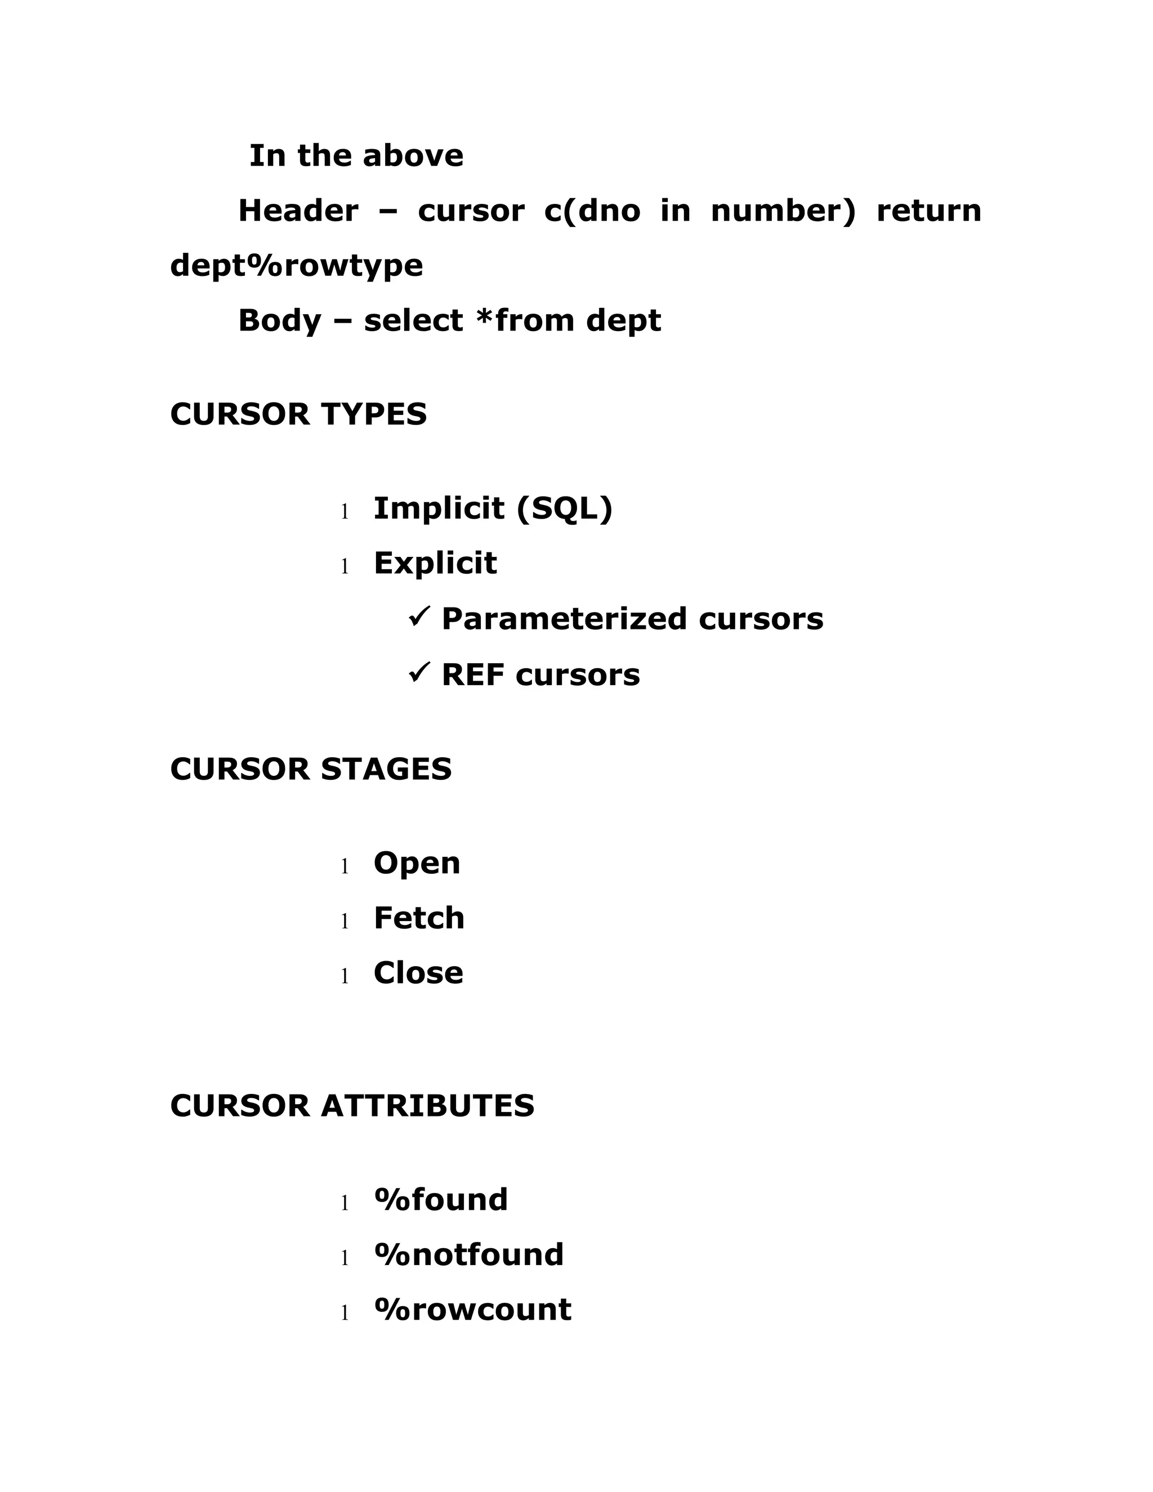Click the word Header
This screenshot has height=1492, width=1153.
[298, 211]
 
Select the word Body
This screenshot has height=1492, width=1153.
[279, 320]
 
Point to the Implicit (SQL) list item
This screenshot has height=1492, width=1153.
[493, 508]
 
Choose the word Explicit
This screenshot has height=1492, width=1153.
[435, 564]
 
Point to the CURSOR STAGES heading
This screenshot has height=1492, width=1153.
[311, 769]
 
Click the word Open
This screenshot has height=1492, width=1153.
[417, 864]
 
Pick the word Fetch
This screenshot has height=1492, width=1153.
[419, 918]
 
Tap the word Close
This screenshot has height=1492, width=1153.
[418, 973]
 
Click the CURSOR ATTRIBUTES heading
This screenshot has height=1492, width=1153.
[352, 1106]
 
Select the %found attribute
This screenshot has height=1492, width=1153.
[441, 1200]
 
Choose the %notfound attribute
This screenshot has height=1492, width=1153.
[468, 1255]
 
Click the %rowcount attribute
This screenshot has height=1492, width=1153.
[472, 1310]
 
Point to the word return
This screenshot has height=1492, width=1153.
[928, 211]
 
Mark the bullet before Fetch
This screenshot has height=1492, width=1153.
[345, 922]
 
